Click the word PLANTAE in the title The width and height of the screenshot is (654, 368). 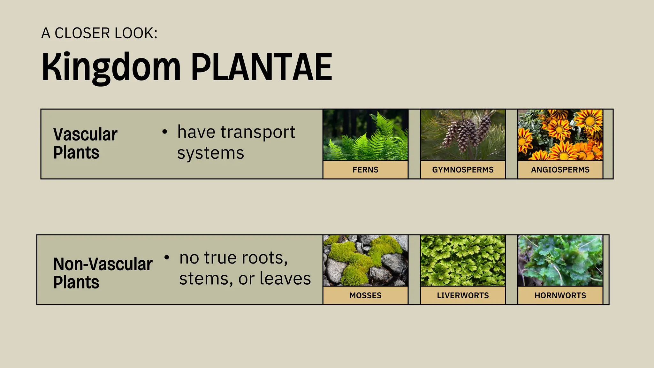point(262,67)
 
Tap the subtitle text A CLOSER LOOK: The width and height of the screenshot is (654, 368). point(99,33)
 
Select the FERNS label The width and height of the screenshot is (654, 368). point(365,170)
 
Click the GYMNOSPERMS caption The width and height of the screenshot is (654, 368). point(463,170)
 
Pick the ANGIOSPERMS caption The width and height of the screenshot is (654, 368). point(560,170)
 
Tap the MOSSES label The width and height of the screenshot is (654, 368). point(365,295)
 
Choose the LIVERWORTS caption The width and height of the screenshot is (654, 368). point(463,295)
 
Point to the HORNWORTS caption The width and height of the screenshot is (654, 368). point(560,295)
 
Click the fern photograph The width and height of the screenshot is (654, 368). point(365,135)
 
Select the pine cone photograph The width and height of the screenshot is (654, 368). point(463,135)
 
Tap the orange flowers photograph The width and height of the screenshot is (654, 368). point(560,135)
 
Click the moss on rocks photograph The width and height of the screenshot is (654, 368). point(365,261)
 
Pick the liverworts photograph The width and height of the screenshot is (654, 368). point(463,261)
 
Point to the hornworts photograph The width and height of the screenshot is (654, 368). point(560,261)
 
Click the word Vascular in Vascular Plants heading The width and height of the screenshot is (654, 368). point(85,134)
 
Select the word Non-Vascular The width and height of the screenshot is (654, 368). point(103,264)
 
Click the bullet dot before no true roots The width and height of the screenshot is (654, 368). point(166,257)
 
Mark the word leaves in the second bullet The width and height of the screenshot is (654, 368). point(285,279)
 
